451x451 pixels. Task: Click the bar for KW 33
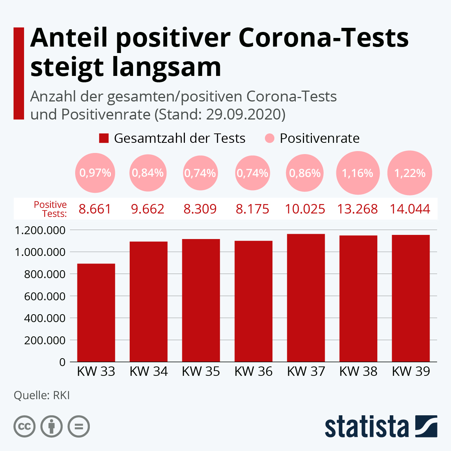tap(96, 313)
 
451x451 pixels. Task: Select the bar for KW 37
tap(306, 298)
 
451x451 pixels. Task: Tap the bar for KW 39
tap(410, 298)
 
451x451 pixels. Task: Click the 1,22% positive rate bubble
tap(410, 173)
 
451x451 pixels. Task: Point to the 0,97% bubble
tap(95, 173)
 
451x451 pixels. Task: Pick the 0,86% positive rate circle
tap(305, 173)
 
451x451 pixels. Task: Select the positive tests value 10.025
tap(305, 209)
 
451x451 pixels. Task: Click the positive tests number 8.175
tap(253, 209)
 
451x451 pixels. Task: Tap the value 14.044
tap(410, 209)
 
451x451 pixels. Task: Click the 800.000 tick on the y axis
tap(45, 274)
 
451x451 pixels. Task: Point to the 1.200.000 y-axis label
tap(40, 230)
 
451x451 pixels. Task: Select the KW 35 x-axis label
tap(201, 372)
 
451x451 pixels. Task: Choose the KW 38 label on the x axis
tap(358, 372)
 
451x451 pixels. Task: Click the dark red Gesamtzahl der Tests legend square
tap(104, 138)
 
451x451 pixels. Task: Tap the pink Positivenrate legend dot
tap(269, 138)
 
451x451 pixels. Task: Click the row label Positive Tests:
tap(50, 209)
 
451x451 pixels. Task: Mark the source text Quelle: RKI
tap(42, 395)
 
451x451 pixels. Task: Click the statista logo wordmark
tap(366, 427)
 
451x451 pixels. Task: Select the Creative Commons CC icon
tap(24, 427)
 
